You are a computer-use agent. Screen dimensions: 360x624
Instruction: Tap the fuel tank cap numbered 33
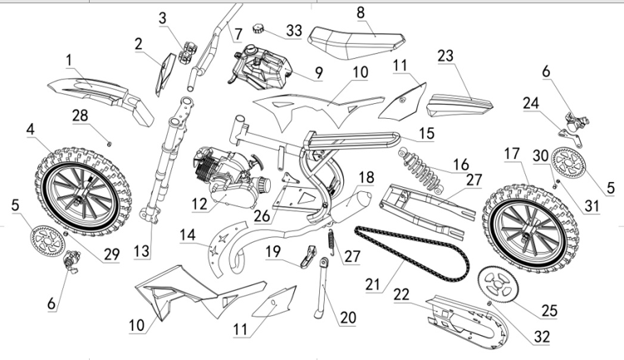coord(260,29)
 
